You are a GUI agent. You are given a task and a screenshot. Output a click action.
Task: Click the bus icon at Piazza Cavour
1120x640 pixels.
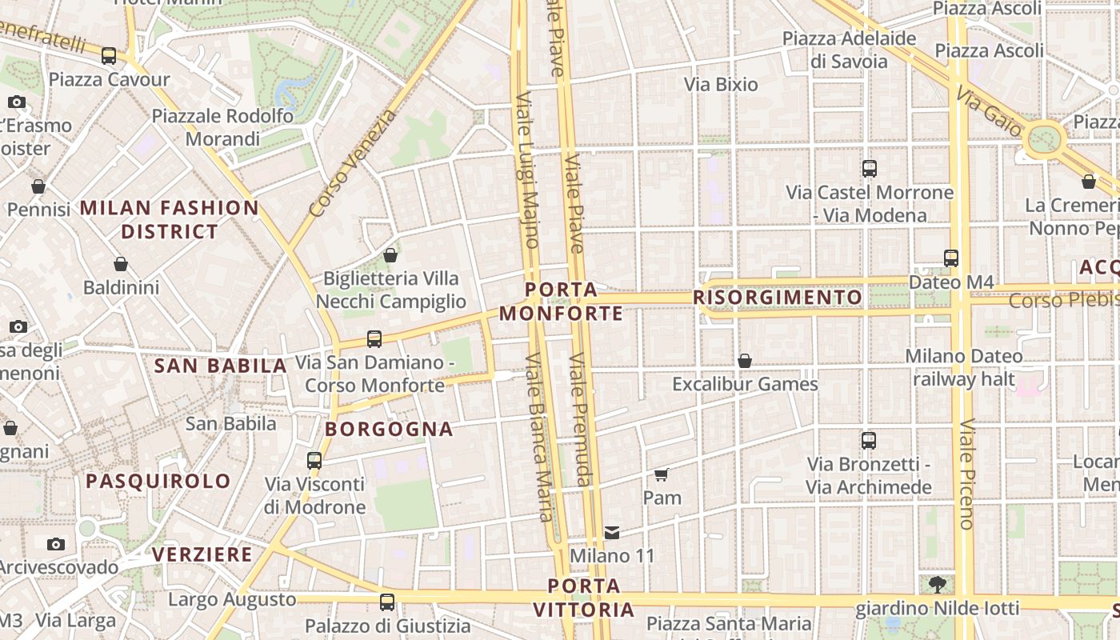click(x=109, y=56)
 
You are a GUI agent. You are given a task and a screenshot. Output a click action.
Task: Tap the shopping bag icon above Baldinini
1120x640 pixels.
click(x=121, y=263)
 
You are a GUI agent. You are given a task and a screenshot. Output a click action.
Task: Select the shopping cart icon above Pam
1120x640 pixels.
click(x=662, y=474)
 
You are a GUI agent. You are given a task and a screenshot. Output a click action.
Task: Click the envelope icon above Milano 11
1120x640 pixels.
click(x=612, y=532)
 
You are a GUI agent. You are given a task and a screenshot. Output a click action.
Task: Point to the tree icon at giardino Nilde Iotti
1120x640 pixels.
click(x=937, y=585)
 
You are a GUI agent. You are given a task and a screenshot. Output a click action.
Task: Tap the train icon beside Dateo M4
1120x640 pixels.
click(x=951, y=258)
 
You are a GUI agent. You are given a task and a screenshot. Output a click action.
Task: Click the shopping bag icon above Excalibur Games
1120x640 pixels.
click(x=745, y=361)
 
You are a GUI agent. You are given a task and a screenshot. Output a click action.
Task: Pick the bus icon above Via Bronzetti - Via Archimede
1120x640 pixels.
click(x=869, y=440)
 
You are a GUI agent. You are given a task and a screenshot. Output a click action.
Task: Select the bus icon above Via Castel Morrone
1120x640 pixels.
click(x=870, y=169)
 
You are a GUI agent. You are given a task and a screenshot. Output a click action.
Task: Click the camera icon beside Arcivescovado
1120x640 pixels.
click(x=55, y=544)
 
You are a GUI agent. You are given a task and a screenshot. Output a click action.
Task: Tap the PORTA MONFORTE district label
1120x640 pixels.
click(x=562, y=301)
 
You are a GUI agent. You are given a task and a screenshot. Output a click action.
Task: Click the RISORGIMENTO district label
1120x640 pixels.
click(x=778, y=298)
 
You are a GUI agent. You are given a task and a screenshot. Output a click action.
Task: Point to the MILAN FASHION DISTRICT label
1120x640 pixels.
click(x=169, y=220)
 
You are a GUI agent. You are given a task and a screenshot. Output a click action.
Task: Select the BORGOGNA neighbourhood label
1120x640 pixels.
click(x=389, y=430)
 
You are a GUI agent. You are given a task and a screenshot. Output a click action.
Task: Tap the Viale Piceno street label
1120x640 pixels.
click(x=966, y=474)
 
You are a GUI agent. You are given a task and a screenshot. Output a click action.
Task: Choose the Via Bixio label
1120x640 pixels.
click(x=721, y=84)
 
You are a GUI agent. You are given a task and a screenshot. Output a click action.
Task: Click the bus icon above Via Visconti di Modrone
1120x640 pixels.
click(x=314, y=460)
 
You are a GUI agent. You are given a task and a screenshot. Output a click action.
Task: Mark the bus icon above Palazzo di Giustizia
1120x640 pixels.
click(x=387, y=602)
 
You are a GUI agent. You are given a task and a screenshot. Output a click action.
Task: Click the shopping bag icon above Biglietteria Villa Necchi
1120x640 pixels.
click(x=390, y=255)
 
